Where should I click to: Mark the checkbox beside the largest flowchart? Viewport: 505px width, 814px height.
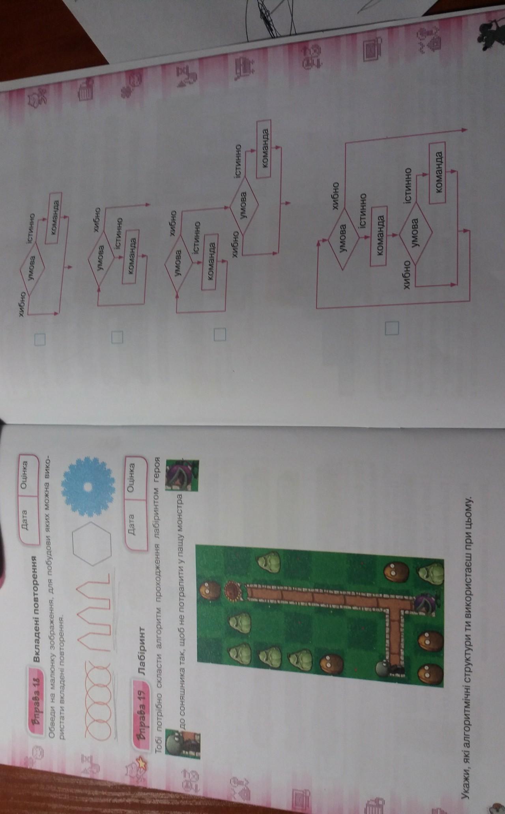[392, 327]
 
